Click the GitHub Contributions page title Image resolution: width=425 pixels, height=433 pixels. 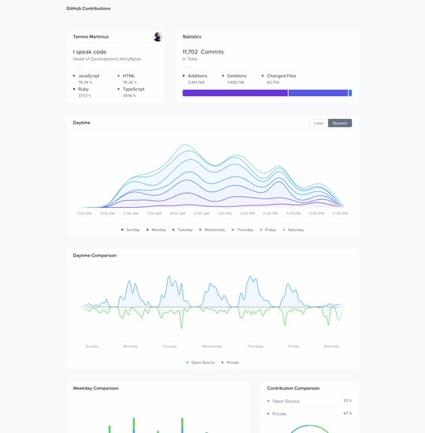pyautogui.click(x=88, y=9)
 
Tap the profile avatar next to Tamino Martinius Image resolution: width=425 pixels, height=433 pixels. pyautogui.click(x=157, y=37)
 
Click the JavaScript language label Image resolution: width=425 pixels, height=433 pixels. pyautogui.click(x=89, y=76)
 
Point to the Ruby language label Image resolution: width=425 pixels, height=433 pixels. pyautogui.click(x=84, y=90)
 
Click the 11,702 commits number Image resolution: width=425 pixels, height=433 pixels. pyautogui.click(x=190, y=52)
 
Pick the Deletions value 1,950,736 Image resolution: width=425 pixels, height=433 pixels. pyautogui.click(x=236, y=82)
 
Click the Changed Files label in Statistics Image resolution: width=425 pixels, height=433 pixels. pyautogui.click(x=281, y=76)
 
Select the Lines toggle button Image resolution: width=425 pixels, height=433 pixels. pyautogui.click(x=318, y=123)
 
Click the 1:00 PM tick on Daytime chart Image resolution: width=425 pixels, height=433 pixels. pyautogui.click(x=224, y=213)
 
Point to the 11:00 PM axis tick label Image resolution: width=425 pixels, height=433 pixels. pyautogui.click(x=340, y=213)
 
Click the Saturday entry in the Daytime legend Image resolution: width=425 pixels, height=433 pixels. pyautogui.click(x=295, y=229)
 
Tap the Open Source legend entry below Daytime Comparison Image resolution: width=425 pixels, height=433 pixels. pyautogui.click(x=202, y=362)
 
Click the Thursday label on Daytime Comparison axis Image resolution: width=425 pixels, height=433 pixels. pyautogui.click(x=255, y=346)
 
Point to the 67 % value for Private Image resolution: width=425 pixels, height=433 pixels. pyautogui.click(x=347, y=413)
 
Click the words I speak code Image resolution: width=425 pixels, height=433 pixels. pyautogui.click(x=89, y=52)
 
